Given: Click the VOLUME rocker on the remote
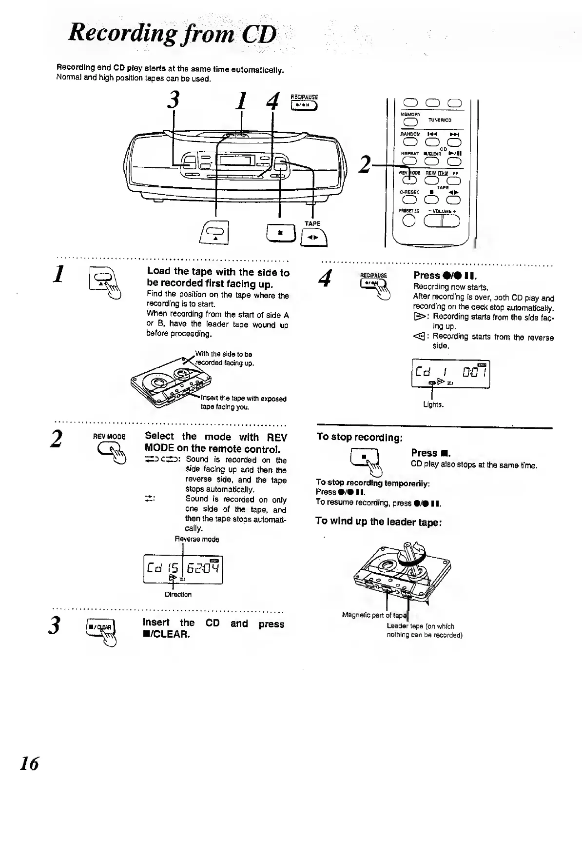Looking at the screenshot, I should tap(442, 221).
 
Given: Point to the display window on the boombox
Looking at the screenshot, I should tap(235, 161).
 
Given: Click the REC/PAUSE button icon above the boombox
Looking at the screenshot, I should tap(304, 105).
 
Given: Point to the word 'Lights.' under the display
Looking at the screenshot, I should tap(433, 404).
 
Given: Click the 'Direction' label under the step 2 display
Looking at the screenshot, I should tap(178, 594).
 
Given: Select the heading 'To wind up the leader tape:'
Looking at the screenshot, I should tap(378, 521).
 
